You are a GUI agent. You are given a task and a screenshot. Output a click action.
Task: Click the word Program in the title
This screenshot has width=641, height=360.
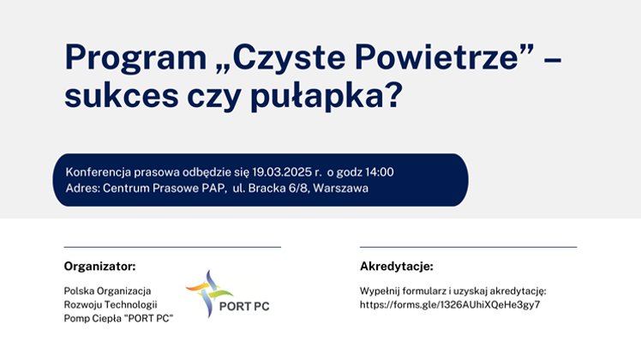[x=135, y=58]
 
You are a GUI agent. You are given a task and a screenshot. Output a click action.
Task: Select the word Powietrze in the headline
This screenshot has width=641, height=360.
[x=437, y=57]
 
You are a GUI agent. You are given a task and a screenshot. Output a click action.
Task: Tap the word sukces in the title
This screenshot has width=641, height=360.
[x=122, y=96]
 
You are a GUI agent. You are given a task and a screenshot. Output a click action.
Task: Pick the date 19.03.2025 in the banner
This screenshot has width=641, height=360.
[x=282, y=171]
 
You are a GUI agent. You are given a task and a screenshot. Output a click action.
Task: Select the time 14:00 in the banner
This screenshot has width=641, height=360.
[x=380, y=171]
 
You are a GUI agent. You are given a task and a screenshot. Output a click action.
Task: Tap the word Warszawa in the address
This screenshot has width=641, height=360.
[x=340, y=189]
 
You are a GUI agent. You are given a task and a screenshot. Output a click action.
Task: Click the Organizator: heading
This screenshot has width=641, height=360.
[x=99, y=267]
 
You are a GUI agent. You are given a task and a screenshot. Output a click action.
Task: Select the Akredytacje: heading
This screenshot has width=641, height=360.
[x=397, y=267]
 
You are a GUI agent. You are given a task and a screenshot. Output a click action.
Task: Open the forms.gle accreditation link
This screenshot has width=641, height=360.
[x=450, y=305]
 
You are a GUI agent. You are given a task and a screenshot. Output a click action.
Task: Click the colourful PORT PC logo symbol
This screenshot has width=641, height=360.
[x=209, y=293]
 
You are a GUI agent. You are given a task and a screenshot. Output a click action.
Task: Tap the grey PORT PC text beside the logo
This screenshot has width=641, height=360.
[x=244, y=306]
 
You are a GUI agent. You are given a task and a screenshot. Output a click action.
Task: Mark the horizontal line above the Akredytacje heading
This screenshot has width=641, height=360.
[x=469, y=247]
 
